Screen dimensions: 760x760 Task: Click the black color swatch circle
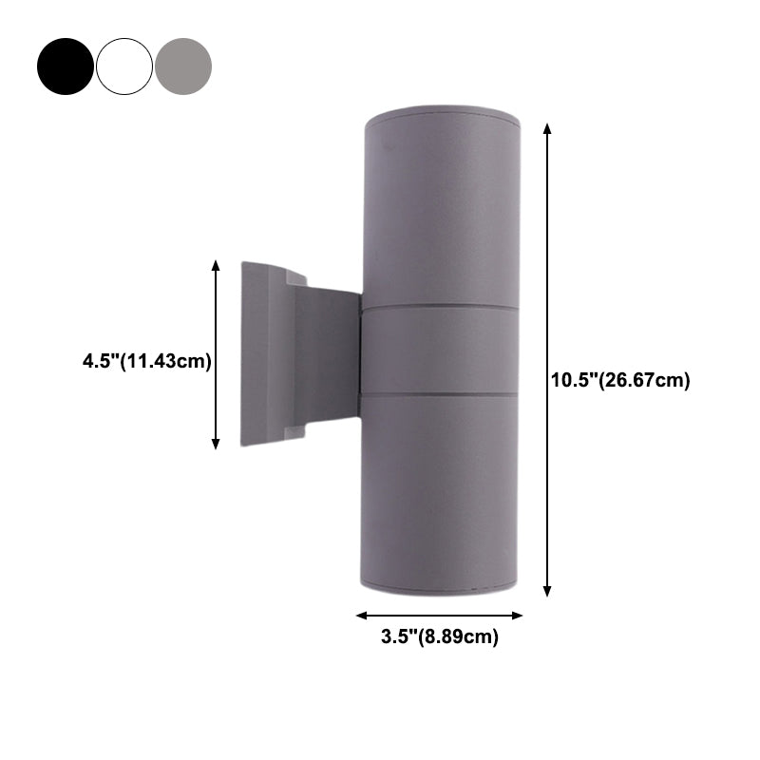point(66,66)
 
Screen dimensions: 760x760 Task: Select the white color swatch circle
point(124,66)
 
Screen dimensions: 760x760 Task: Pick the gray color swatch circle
point(183,66)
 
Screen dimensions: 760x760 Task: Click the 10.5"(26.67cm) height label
point(620,380)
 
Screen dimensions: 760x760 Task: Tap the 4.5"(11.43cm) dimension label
point(146,361)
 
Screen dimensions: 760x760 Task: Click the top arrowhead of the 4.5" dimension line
point(217,266)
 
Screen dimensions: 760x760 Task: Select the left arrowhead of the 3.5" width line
point(361,615)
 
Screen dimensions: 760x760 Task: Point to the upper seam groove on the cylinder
point(440,308)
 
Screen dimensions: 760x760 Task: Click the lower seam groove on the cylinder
point(440,392)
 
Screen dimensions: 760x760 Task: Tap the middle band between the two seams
point(440,350)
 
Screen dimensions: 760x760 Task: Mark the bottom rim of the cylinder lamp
point(440,589)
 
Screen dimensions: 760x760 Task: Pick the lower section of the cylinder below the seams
point(440,489)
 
